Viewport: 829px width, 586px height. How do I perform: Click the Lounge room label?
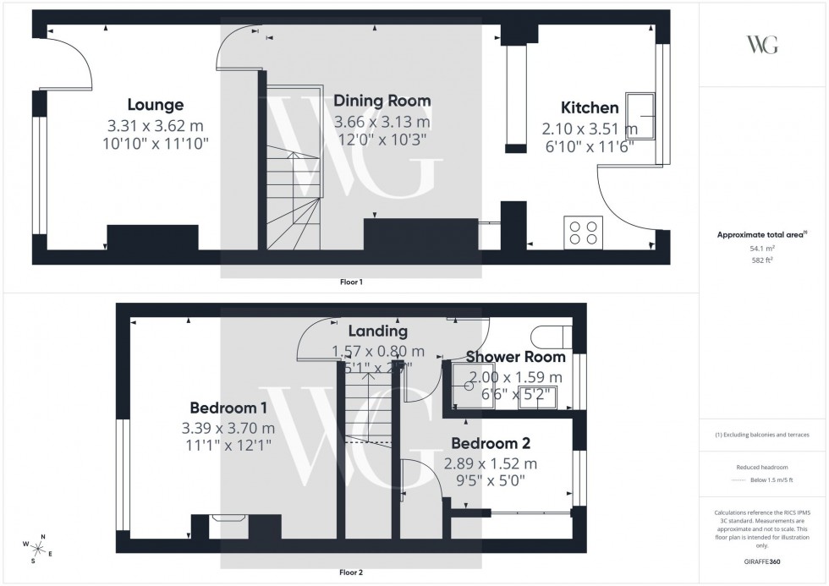[156, 105]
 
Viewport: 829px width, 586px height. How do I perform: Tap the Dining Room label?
[382, 101]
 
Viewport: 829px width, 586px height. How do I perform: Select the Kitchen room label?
[590, 108]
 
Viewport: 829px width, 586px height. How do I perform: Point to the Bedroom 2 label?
[491, 443]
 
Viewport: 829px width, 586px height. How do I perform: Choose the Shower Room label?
[503, 357]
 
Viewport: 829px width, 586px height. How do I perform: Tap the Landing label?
[377, 331]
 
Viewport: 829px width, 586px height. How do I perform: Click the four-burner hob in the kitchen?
[583, 231]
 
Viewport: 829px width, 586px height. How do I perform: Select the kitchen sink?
[640, 114]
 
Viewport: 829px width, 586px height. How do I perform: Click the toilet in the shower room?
[552, 337]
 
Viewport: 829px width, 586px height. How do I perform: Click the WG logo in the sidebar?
[763, 46]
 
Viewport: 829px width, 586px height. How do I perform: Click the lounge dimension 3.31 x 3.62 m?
[156, 126]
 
